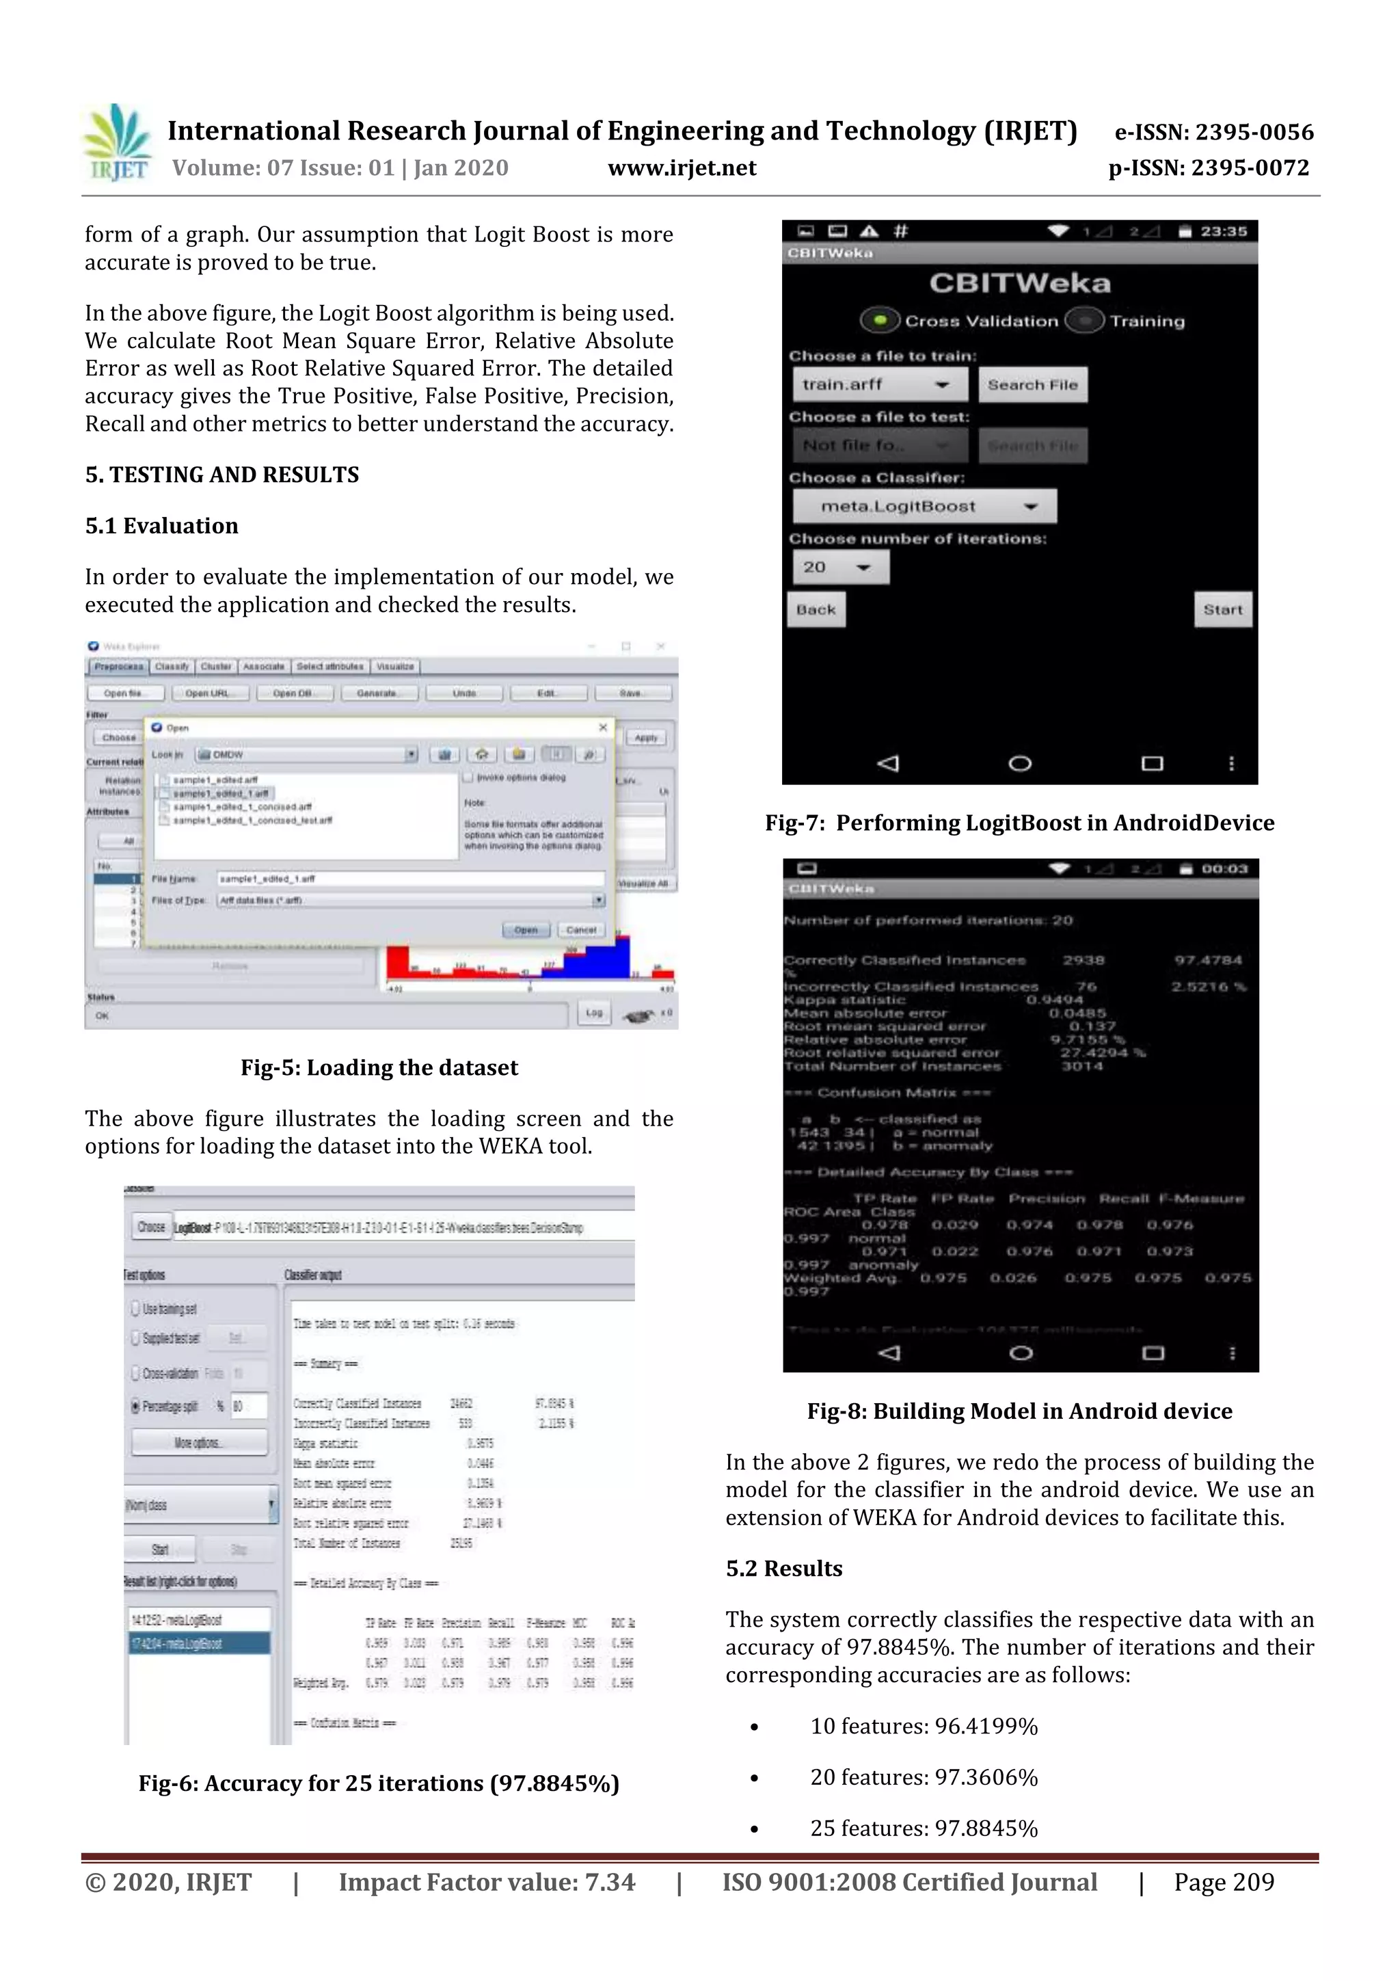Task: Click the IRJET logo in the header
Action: [118, 142]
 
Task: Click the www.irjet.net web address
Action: [682, 168]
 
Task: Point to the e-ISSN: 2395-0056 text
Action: [1213, 132]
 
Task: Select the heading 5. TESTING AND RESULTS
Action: [221, 475]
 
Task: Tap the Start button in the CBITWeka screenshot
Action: [1222, 609]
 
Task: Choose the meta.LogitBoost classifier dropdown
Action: [924, 507]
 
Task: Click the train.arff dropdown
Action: [875, 385]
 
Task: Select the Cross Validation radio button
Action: [879, 321]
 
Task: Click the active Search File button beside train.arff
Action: [1032, 385]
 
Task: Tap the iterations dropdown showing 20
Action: [839, 567]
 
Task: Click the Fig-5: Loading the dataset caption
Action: [379, 1067]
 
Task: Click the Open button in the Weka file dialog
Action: [525, 930]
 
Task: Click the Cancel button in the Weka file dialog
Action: [580, 930]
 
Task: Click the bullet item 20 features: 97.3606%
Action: [923, 1777]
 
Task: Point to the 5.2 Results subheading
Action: [783, 1568]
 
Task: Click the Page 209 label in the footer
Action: [1223, 1882]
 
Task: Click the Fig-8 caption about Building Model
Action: [1019, 1411]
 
